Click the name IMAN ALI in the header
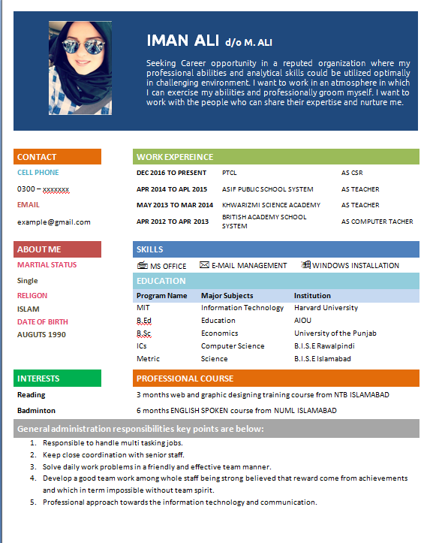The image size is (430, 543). pyautogui.click(x=182, y=40)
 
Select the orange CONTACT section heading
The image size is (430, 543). pyautogui.click(x=37, y=157)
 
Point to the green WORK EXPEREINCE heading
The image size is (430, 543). pyautogui.click(x=175, y=157)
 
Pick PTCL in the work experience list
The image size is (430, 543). pyautogui.click(x=230, y=173)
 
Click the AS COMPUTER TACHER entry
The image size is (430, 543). pyautogui.click(x=377, y=222)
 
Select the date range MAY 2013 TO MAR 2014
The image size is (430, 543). pyautogui.click(x=175, y=205)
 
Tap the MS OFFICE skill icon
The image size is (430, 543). pyautogui.click(x=143, y=265)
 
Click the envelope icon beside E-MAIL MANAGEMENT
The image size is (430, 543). pyautogui.click(x=204, y=265)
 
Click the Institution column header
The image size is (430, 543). pyautogui.click(x=312, y=296)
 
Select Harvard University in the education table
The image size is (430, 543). pyautogui.click(x=326, y=308)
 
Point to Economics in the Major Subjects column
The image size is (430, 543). pyautogui.click(x=220, y=333)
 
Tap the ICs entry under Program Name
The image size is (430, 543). pyautogui.click(x=142, y=346)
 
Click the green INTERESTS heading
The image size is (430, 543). pyautogui.click(x=38, y=379)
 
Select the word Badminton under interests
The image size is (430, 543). pyautogui.click(x=36, y=411)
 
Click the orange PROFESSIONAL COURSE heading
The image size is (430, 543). pyautogui.click(x=185, y=379)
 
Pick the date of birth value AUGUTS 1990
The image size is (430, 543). pyautogui.click(x=42, y=334)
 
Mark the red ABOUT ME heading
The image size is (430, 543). pyautogui.click(x=39, y=249)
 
